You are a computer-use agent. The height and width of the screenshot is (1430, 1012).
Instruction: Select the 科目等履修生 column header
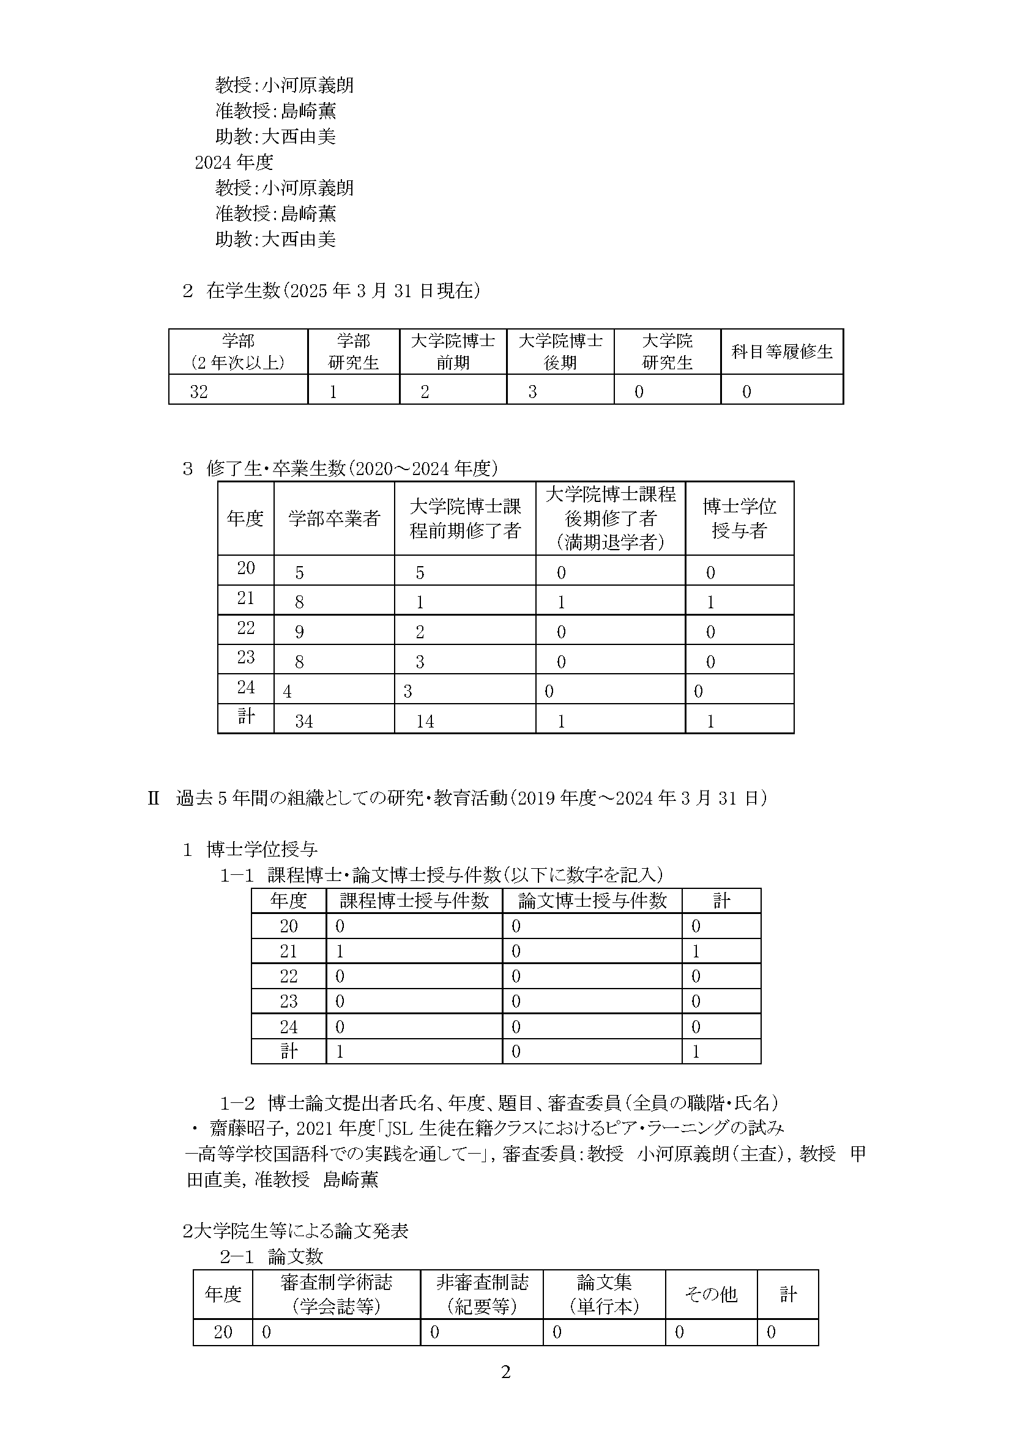click(x=781, y=352)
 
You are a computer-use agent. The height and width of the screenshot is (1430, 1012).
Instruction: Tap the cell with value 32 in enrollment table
click(x=199, y=392)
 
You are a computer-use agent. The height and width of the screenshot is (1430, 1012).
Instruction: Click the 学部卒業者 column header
click(x=334, y=518)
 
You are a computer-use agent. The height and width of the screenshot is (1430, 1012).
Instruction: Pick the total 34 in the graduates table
click(x=304, y=721)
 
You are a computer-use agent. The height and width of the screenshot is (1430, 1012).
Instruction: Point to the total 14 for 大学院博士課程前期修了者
click(x=425, y=721)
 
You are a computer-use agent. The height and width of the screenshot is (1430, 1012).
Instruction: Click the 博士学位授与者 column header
click(x=739, y=518)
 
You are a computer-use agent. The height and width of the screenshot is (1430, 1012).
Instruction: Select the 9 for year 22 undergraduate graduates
click(x=299, y=632)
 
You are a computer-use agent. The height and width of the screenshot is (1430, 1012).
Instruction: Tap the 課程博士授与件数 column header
click(x=414, y=901)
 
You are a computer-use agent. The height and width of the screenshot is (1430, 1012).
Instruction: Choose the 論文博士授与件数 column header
click(x=592, y=901)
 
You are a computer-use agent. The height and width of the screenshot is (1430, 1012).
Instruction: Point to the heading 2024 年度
click(x=234, y=163)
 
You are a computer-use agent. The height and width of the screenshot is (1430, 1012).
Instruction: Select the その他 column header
click(x=711, y=1295)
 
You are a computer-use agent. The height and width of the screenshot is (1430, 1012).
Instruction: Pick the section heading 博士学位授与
click(x=262, y=850)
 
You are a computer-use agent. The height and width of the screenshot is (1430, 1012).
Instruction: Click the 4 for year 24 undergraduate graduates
click(x=288, y=691)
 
